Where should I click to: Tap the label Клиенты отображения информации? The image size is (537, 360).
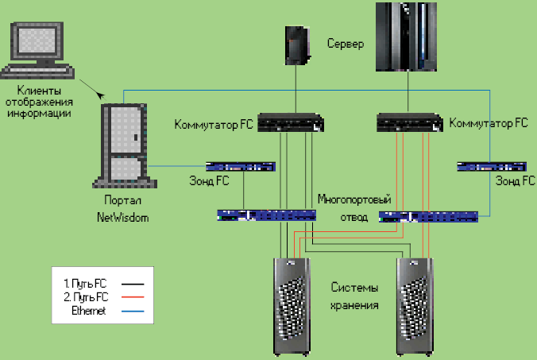40,102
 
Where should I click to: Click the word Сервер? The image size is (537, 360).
346,43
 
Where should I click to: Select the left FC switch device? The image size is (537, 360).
291,123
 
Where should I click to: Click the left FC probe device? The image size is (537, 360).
239,167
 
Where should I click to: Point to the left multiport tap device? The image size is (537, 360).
266,215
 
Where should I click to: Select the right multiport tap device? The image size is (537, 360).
429,215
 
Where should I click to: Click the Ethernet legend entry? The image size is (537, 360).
87,312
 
